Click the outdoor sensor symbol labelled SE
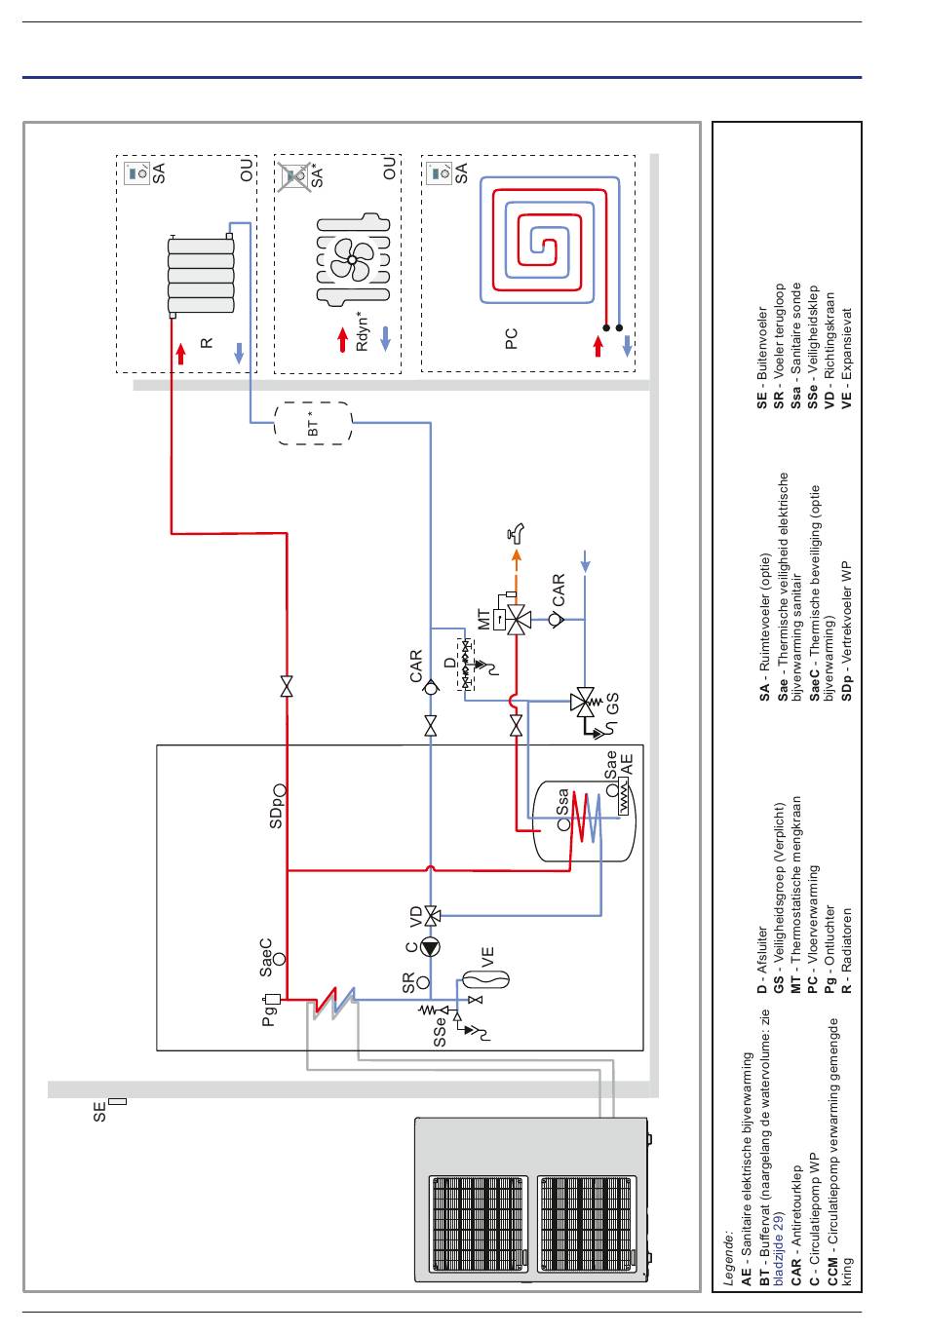118,1101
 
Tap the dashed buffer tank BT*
313,423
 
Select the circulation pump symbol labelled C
430,947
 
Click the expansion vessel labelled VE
485,979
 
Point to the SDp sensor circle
280,789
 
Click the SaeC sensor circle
279,958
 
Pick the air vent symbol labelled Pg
272,999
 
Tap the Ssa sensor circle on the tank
563,824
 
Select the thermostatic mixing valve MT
516,620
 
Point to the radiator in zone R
200,275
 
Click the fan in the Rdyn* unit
351,259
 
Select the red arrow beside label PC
598,346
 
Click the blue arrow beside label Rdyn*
386,338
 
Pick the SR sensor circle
423,982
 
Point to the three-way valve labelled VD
432,915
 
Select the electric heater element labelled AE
623,798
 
